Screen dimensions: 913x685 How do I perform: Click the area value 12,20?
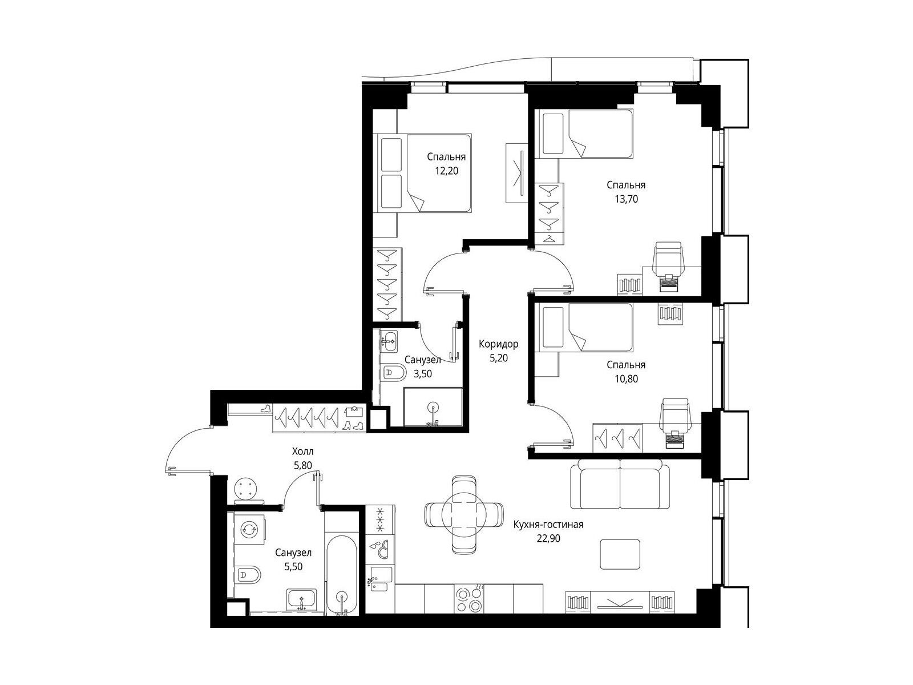[446, 171]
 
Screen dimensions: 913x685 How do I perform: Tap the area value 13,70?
[626, 199]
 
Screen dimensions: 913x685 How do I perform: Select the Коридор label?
[498, 344]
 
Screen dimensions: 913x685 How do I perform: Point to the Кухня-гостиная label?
[548, 525]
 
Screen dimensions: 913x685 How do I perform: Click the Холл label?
[303, 452]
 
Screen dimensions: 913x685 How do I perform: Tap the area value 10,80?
[626, 379]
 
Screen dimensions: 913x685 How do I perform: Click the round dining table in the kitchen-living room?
[464, 514]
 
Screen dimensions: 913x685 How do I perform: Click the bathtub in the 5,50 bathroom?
[341, 575]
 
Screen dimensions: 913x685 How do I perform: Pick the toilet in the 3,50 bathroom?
[393, 372]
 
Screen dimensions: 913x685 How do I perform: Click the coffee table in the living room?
[620, 554]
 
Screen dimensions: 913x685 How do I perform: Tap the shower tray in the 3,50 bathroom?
[433, 407]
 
